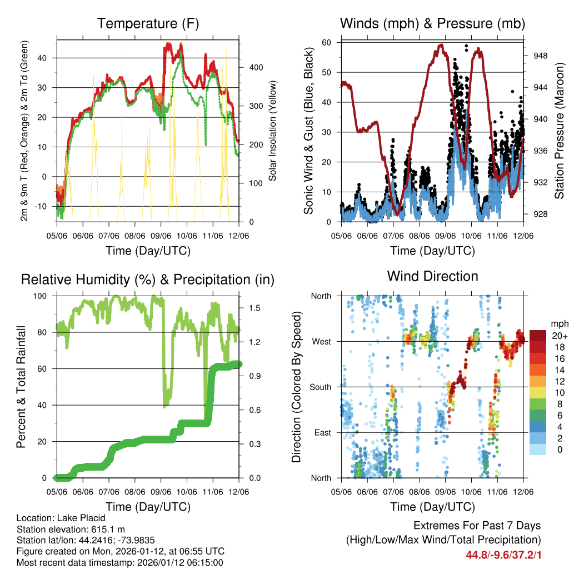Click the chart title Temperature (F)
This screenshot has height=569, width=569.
click(148, 23)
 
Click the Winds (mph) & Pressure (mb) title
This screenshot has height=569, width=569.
click(432, 23)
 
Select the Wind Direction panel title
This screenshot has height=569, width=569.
click(432, 276)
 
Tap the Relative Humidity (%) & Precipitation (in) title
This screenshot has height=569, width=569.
click(148, 279)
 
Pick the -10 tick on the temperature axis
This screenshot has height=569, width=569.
click(44, 207)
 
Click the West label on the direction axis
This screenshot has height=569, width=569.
click(321, 342)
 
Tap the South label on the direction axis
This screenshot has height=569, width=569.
click(321, 387)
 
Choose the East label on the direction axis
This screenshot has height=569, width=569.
click(322, 433)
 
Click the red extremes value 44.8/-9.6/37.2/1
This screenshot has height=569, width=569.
click(504, 555)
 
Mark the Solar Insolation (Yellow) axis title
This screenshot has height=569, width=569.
click(273, 131)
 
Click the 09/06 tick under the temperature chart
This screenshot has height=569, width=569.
click(161, 236)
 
